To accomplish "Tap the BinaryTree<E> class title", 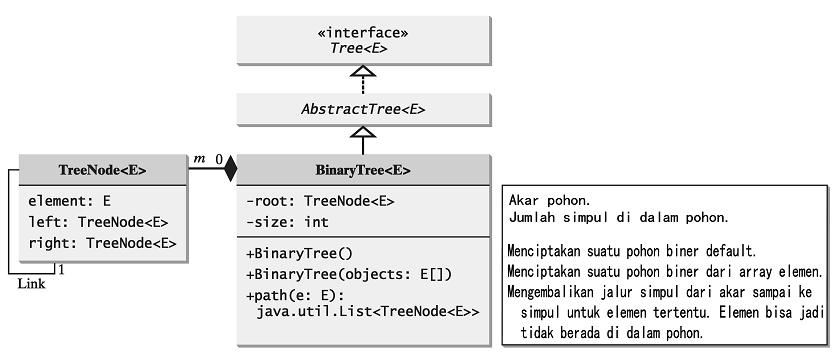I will tap(364, 170).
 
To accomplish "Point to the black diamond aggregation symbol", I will tap(230, 168).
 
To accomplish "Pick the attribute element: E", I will tap(69, 200).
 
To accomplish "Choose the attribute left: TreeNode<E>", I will tap(98, 222).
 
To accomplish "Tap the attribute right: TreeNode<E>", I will tap(102, 243).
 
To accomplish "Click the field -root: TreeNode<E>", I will tap(320, 201).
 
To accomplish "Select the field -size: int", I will tap(287, 222).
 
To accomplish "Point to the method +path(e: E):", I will tap(296, 296).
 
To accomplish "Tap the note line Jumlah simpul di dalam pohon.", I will tap(618, 217).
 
